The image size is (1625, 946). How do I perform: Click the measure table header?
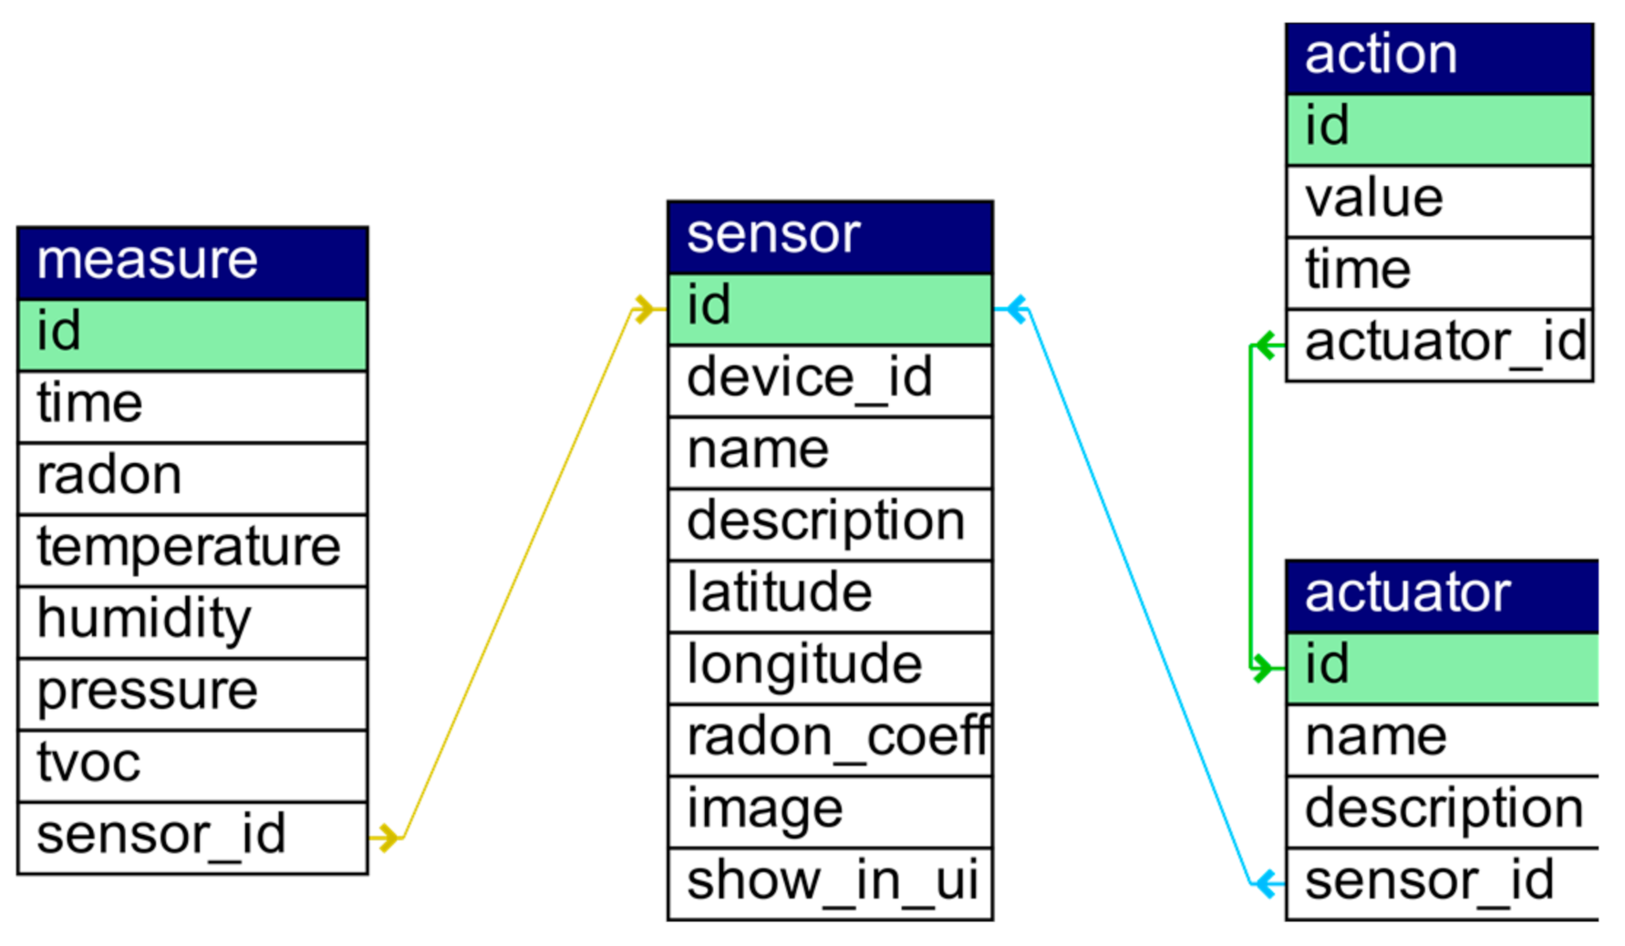pyautogui.click(x=192, y=262)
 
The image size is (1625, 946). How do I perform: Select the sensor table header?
pyautogui.click(x=830, y=237)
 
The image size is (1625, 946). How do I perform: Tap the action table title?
pyautogui.click(x=1439, y=57)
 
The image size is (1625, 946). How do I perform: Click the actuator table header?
pyautogui.click(x=1441, y=595)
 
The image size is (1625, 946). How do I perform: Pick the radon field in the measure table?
pyautogui.click(x=192, y=478)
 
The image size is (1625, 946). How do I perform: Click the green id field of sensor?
pyautogui.click(x=830, y=308)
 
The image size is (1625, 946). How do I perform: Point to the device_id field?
pyautogui.click(x=830, y=380)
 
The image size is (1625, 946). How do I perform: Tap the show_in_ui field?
pyautogui.click(x=830, y=883)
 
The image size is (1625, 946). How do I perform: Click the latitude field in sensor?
pyautogui.click(x=830, y=595)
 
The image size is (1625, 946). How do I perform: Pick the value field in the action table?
pyautogui.click(x=1439, y=201)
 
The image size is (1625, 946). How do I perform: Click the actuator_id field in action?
pyautogui.click(x=1439, y=344)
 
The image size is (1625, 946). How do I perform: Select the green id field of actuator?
pyautogui.click(x=1441, y=667)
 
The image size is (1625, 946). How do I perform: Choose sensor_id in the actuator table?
pyautogui.click(x=1441, y=883)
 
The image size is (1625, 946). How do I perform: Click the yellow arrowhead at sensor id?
pyautogui.click(x=646, y=309)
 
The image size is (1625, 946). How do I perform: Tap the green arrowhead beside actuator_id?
pyautogui.click(x=1267, y=345)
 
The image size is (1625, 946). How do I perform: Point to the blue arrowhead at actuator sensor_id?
pyautogui.click(x=1267, y=883)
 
